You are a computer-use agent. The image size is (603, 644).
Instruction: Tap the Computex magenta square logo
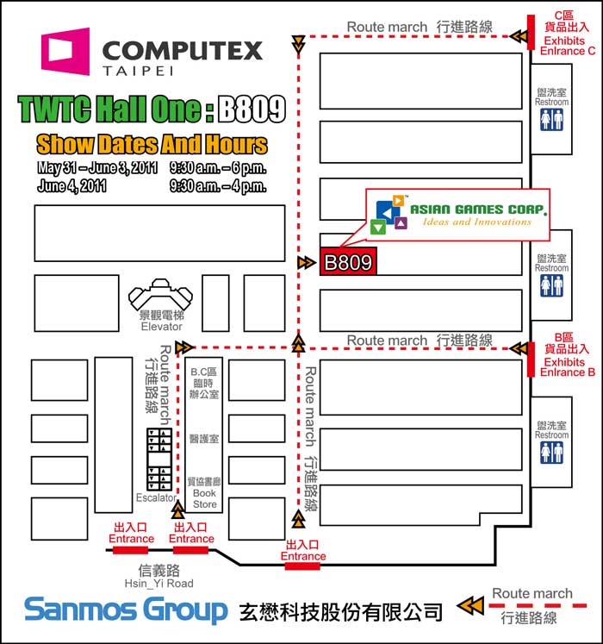pos(66,51)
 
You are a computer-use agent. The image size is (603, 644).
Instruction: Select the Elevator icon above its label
pos(162,295)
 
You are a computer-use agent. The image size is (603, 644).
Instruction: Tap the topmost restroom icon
pos(551,120)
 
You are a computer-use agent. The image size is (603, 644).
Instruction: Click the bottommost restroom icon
pos(551,453)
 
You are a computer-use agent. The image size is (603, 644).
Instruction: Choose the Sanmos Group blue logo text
pos(126,610)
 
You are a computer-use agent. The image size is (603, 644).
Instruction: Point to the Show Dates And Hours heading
pos(152,143)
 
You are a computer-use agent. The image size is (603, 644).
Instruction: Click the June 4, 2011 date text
pos(72,186)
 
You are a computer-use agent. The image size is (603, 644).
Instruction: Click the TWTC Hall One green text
pos(109,109)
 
